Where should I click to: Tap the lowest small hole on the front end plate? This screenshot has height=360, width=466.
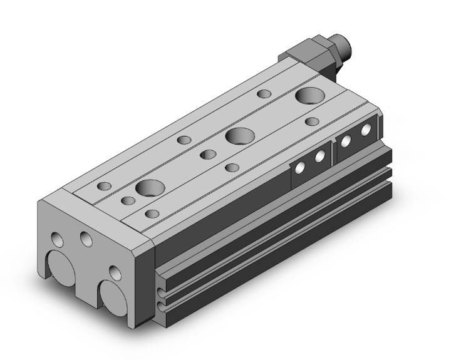pos(114,272)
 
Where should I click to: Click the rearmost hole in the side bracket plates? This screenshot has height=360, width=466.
pos(366,130)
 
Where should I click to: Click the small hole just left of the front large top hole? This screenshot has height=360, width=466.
pos(128,201)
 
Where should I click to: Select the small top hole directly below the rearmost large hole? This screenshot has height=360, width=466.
pos(311,121)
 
